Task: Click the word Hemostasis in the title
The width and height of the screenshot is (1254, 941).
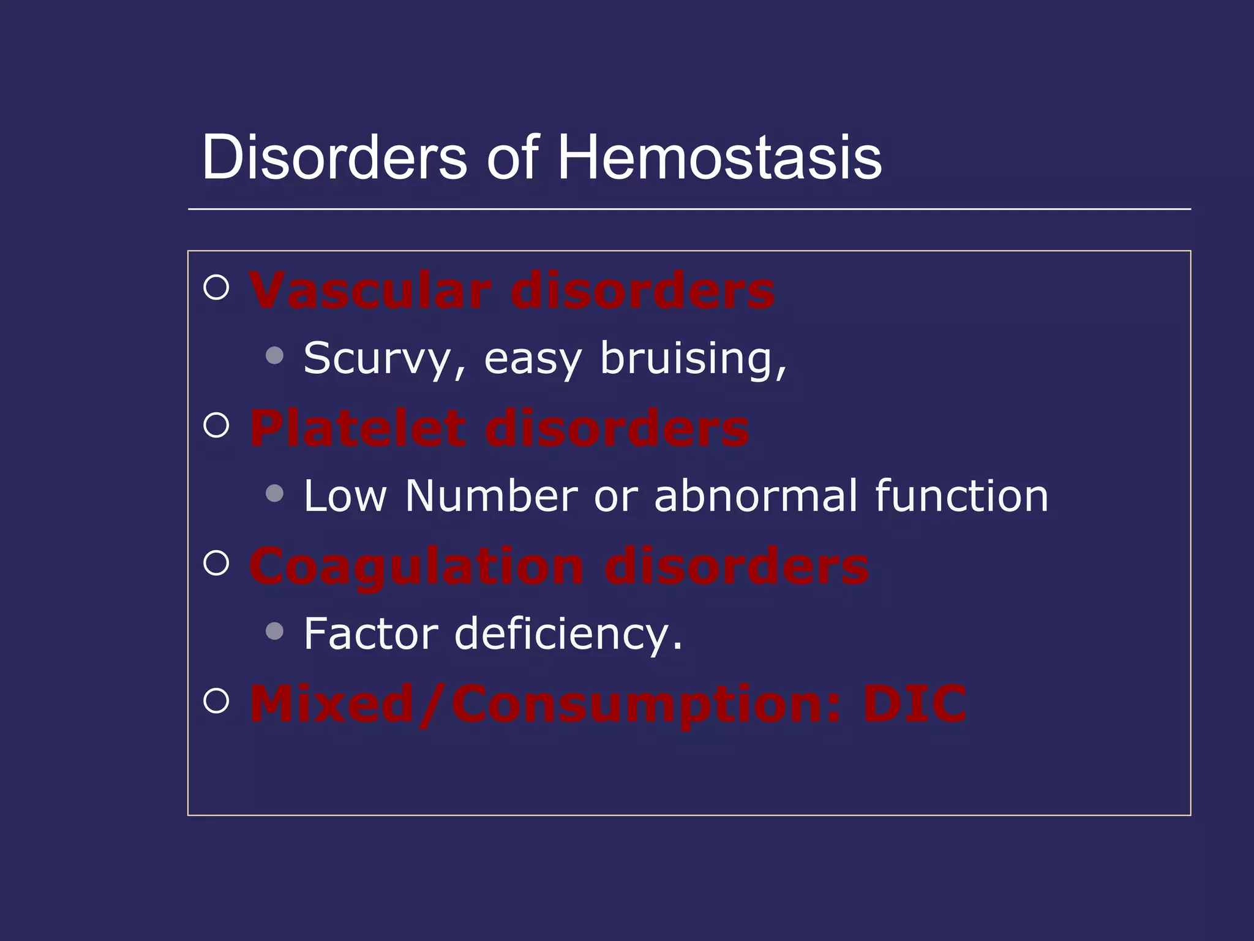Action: click(719, 157)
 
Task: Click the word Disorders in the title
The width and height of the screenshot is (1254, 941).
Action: click(334, 157)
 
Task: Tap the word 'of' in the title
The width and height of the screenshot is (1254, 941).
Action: click(513, 157)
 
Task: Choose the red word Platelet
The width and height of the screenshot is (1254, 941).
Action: click(358, 428)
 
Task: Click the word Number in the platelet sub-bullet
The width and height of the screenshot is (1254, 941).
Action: click(491, 496)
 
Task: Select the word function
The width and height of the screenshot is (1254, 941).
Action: click(961, 496)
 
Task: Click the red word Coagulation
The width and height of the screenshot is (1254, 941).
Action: click(416, 567)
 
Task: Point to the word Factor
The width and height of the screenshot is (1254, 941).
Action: click(371, 633)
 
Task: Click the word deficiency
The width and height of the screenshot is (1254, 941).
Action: click(568, 633)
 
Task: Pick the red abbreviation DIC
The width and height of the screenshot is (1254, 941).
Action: click(914, 704)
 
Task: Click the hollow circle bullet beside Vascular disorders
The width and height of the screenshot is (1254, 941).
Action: click(216, 287)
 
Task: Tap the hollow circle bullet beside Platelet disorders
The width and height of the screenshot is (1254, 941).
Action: click(216, 425)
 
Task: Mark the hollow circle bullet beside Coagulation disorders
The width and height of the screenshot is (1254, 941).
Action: click(216, 562)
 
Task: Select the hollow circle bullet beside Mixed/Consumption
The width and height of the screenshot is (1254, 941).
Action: click(216, 700)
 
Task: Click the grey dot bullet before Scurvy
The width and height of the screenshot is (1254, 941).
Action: click(275, 355)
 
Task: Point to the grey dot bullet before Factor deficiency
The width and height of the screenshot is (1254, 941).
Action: click(275, 631)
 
